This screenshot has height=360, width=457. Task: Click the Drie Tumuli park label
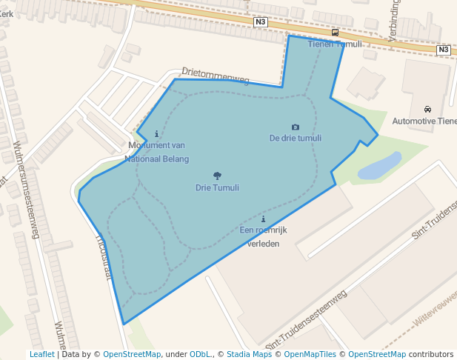click(217, 187)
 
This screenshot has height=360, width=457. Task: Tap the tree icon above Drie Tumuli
click(217, 176)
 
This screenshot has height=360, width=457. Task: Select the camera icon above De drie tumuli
click(296, 127)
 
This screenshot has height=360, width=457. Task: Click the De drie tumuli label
click(296, 138)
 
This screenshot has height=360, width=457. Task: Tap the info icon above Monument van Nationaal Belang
click(156, 134)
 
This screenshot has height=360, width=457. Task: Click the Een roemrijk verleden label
click(263, 236)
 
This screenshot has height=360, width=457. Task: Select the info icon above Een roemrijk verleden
click(263, 219)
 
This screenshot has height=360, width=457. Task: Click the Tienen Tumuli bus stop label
click(335, 44)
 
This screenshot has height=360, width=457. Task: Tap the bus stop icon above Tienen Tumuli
click(336, 33)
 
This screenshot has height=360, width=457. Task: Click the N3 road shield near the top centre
click(260, 22)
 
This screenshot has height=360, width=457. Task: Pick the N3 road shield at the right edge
click(443, 50)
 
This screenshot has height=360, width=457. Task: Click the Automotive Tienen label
click(424, 121)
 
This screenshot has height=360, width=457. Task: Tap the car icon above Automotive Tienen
click(427, 110)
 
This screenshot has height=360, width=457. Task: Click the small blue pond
click(380, 166)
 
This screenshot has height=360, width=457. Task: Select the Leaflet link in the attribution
click(41, 354)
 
